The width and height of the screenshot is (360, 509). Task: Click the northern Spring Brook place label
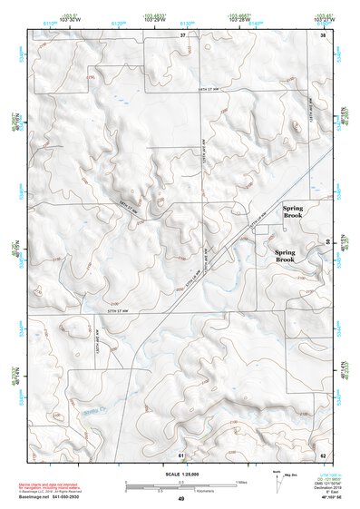pos(292,212)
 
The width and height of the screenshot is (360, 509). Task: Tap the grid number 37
pos(182,34)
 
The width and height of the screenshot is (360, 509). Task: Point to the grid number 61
pos(182,453)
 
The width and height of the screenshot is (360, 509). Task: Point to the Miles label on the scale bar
pos(240,481)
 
